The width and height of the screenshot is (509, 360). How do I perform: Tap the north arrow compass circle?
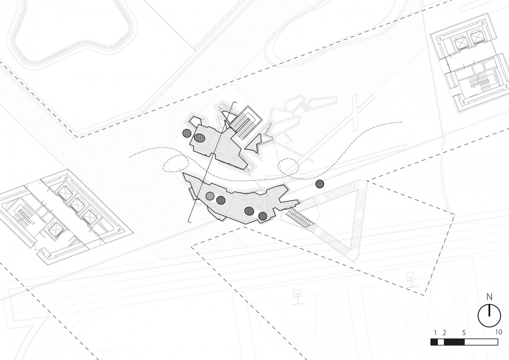[x=489, y=315]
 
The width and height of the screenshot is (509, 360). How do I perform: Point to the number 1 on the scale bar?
[x=435, y=332]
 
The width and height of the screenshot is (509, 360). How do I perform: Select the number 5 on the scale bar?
[x=464, y=332]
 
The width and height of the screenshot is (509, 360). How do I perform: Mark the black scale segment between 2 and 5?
[x=454, y=342]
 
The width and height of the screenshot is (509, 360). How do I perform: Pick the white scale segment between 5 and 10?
[x=481, y=342]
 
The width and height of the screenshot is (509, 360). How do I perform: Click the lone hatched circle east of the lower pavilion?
[x=320, y=184]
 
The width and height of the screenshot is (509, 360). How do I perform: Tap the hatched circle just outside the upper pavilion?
[x=187, y=134]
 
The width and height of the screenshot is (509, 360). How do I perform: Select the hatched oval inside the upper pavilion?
[x=199, y=137]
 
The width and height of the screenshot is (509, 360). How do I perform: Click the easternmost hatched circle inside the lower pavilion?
[x=262, y=216]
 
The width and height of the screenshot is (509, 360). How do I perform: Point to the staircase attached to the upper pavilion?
[x=245, y=124]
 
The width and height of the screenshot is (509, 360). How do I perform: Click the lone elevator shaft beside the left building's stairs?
[x=55, y=230]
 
